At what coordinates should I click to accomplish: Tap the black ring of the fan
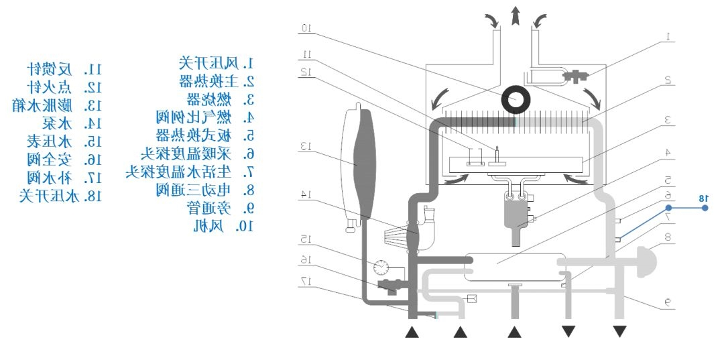515,101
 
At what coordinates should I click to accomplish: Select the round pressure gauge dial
380,267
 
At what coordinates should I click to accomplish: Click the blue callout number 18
703,198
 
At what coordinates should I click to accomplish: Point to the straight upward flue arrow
515,15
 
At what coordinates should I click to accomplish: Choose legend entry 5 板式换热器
204,135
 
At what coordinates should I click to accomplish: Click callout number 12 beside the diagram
306,71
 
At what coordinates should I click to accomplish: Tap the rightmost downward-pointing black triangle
619,331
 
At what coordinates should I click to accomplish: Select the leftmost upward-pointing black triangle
412,331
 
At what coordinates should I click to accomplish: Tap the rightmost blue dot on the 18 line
705,208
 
